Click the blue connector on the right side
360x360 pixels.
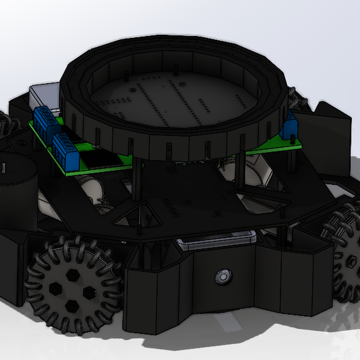(x=291, y=127)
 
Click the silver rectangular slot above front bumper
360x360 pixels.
(x=216, y=242)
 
